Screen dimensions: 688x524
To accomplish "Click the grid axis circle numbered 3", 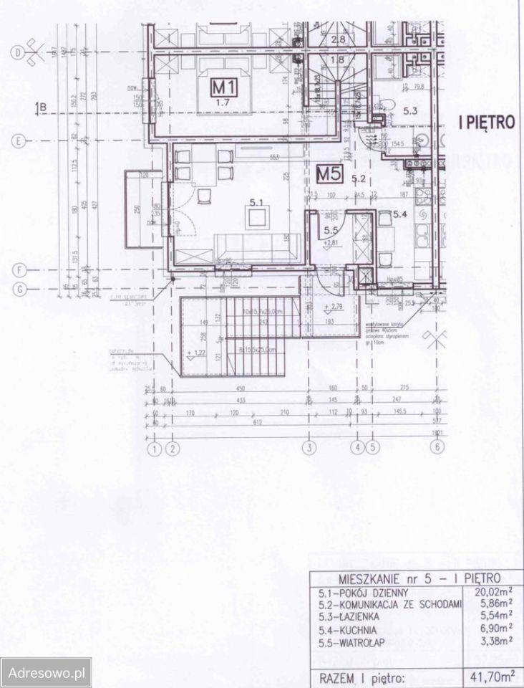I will pos(309,449).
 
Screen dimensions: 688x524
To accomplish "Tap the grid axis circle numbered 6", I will pos(434,449).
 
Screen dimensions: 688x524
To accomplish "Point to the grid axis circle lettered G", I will pos(19,289).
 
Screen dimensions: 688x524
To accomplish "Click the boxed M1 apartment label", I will pos(224,87).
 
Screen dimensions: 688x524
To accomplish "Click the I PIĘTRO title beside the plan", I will pos(487,122).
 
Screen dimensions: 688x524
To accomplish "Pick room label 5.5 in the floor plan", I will pos(331,231).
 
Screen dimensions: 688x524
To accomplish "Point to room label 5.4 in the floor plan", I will pos(399,214).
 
